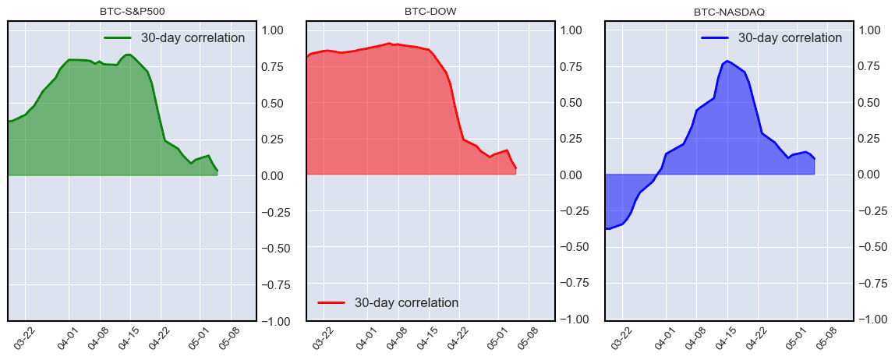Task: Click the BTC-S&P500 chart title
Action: coord(132,12)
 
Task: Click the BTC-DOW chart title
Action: coord(430,12)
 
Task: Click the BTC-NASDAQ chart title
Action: coord(729,12)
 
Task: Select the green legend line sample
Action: coord(119,37)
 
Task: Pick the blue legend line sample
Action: coord(715,37)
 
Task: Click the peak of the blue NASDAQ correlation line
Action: coord(727,61)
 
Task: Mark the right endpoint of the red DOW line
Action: coord(515,168)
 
